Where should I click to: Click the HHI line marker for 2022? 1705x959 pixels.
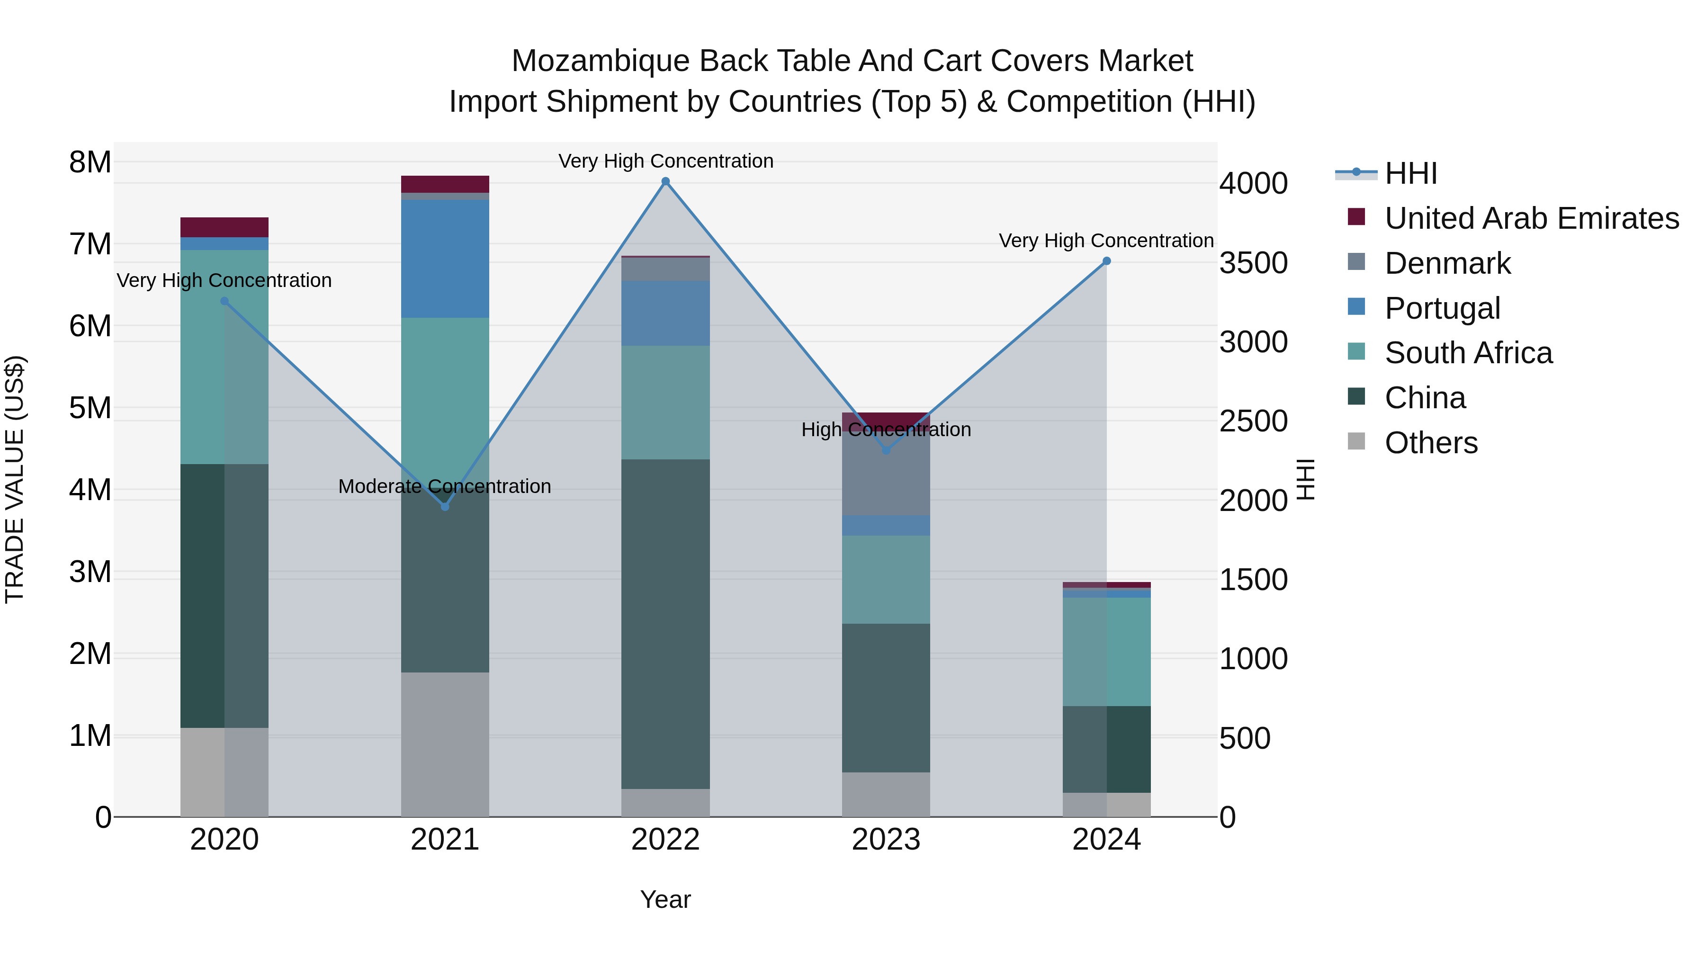[665, 181]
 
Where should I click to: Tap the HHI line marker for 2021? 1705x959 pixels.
[445, 506]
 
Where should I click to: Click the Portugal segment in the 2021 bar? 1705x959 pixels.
[445, 258]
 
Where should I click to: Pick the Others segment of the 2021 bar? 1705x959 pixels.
[445, 744]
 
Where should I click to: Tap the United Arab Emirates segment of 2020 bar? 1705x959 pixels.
[224, 227]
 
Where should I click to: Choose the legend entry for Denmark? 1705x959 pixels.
[1447, 263]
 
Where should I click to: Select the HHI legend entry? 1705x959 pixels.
[1410, 173]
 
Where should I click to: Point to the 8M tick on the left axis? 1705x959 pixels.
[90, 162]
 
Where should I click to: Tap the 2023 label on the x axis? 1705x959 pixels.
[886, 840]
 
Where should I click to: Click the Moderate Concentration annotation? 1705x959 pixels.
[444, 486]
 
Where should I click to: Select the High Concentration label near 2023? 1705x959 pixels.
[886, 430]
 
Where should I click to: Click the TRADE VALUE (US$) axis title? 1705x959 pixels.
[15, 479]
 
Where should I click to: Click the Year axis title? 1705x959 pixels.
[665, 899]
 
